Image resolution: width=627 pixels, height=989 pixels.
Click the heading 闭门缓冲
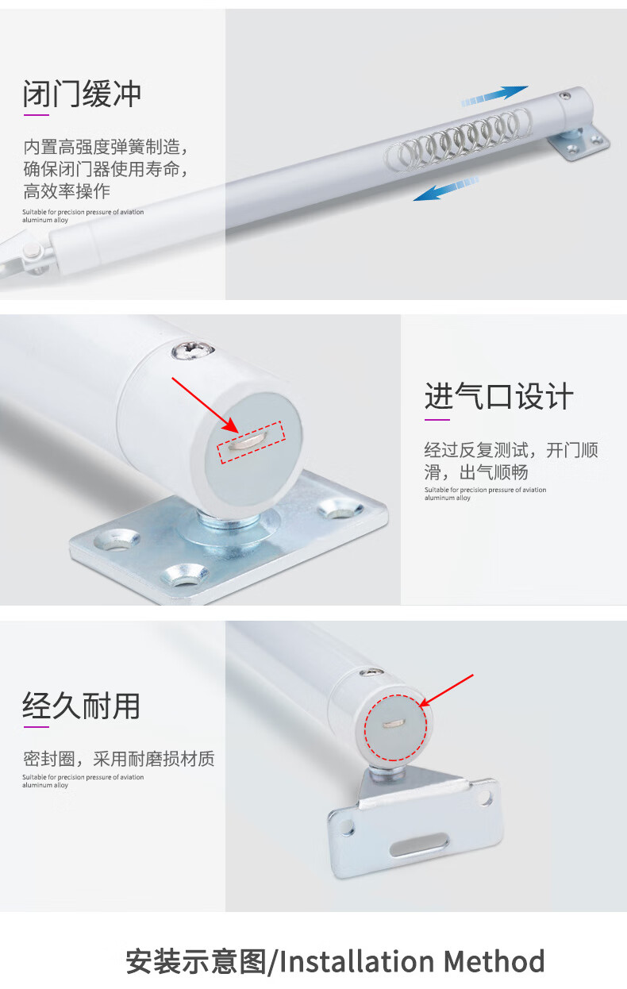(82, 94)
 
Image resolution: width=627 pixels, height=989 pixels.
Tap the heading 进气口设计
(499, 396)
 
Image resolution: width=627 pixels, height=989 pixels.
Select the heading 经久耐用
(81, 706)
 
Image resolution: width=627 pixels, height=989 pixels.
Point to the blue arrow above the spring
(494, 96)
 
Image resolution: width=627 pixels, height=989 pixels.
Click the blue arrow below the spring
(446, 189)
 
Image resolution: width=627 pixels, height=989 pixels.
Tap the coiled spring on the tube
(460, 138)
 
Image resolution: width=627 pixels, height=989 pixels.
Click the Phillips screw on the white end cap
(193, 351)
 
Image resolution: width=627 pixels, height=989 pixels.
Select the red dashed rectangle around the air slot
(251, 442)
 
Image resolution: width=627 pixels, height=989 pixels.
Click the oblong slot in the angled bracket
(418, 845)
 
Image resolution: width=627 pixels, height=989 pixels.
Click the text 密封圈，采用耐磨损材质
(119, 759)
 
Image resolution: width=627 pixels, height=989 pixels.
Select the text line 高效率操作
(67, 191)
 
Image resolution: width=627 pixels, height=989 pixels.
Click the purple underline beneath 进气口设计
(437, 420)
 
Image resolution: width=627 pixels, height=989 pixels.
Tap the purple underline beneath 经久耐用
(36, 727)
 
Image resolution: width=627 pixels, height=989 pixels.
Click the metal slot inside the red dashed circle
(394, 723)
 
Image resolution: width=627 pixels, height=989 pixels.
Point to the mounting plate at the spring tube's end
(579, 141)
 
